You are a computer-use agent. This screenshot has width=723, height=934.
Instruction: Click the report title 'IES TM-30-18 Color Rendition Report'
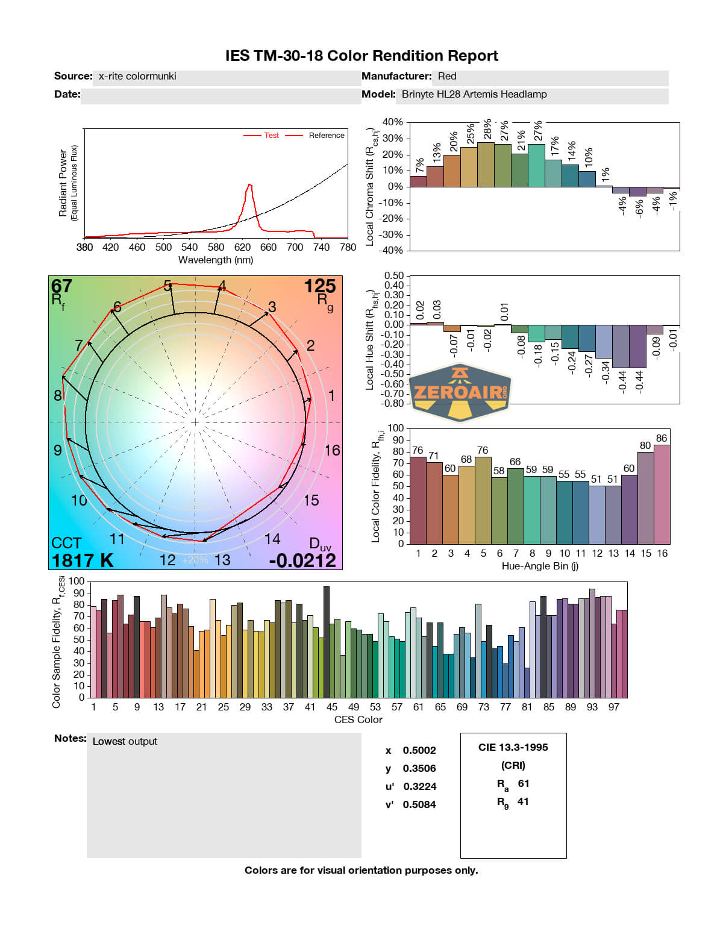361,56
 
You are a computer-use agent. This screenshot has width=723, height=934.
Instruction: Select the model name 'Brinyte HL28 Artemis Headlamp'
474,95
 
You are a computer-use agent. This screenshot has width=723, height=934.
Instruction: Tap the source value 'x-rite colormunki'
137,77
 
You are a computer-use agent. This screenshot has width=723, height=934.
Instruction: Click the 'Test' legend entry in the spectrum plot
271,136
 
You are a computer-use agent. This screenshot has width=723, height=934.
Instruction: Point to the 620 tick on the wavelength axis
242,247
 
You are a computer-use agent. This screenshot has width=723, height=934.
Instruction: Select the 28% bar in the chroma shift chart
486,164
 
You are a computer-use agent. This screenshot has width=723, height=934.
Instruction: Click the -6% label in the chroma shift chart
639,208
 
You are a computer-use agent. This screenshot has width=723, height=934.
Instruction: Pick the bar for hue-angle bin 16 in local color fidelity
662,494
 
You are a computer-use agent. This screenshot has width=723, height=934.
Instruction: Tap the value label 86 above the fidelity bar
662,439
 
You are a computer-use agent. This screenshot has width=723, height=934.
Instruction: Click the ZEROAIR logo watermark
460,392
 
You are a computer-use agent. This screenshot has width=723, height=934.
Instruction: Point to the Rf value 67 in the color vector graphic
61,286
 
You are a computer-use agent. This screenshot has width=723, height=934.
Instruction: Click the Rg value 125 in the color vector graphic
319,286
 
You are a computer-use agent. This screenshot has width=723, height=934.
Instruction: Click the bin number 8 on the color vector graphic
58,396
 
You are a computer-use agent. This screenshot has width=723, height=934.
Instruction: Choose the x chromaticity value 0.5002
419,751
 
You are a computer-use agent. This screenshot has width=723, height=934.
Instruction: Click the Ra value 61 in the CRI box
523,784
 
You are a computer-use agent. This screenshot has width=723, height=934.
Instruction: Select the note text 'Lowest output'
125,742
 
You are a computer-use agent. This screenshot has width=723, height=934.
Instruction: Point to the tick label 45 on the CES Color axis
332,707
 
